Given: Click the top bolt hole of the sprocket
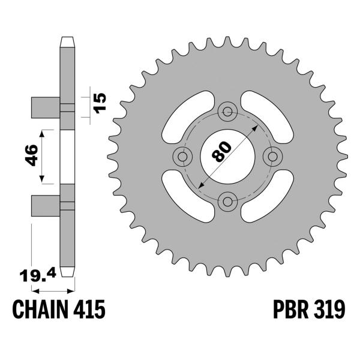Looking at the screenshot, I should click(227, 110).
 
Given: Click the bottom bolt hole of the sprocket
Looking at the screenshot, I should click(227, 201).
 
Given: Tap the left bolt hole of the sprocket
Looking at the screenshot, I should click(181, 156).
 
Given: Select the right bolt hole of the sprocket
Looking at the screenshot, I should click(272, 156).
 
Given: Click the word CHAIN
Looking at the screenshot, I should click(40, 310).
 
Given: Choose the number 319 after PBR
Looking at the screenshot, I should click(329, 310).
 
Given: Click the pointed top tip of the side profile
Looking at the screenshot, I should click(68, 40).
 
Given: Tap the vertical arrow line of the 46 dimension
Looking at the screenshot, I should click(42, 155).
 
